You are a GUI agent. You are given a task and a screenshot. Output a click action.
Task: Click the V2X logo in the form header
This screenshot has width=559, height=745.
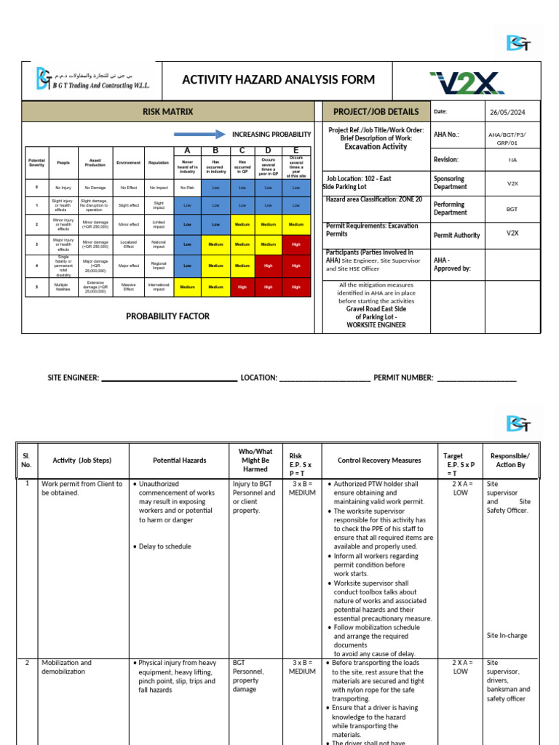point(467,81)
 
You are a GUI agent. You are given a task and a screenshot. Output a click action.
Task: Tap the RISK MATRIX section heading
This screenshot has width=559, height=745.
point(167,111)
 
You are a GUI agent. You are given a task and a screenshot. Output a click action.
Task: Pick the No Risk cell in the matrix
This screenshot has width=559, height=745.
point(187,187)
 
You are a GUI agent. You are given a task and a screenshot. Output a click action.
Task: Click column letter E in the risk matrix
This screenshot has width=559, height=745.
point(296,150)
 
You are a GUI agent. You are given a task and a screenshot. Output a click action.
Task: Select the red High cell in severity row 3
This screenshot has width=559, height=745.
point(296,244)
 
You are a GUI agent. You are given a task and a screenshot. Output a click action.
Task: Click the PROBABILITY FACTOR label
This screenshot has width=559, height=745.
point(167,316)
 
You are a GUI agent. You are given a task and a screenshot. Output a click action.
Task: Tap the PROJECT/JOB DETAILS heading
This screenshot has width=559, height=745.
point(376,111)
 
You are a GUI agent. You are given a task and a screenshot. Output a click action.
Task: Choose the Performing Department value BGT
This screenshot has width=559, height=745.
point(512,208)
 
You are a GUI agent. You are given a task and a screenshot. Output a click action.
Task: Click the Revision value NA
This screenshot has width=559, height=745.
point(512,159)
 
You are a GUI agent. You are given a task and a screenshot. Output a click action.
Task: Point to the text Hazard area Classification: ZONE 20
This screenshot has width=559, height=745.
point(373,199)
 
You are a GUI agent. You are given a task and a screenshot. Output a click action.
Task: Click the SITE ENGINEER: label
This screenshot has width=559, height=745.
point(72,378)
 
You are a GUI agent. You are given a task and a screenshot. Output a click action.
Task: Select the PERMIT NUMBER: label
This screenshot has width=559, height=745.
point(403,378)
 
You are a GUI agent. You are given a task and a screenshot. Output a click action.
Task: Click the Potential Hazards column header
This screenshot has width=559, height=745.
point(179,461)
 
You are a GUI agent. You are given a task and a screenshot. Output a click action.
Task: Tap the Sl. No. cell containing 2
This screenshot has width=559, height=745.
point(27,663)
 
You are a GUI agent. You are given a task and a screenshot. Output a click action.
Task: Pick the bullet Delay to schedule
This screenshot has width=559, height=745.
point(164,546)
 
